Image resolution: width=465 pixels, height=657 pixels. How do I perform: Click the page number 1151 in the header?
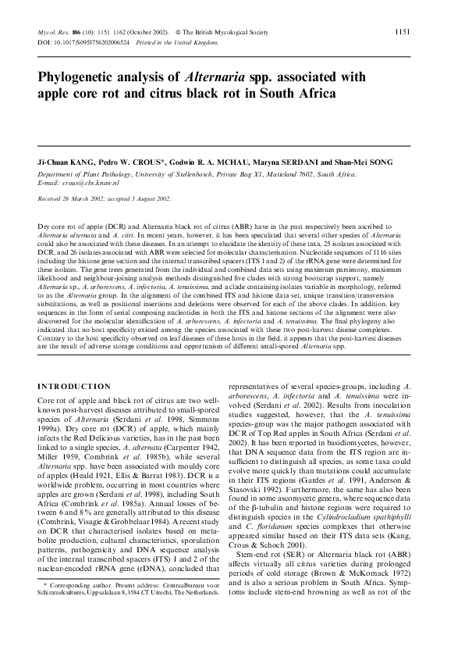(403, 32)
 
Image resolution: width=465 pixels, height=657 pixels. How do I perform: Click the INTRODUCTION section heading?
(74, 386)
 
